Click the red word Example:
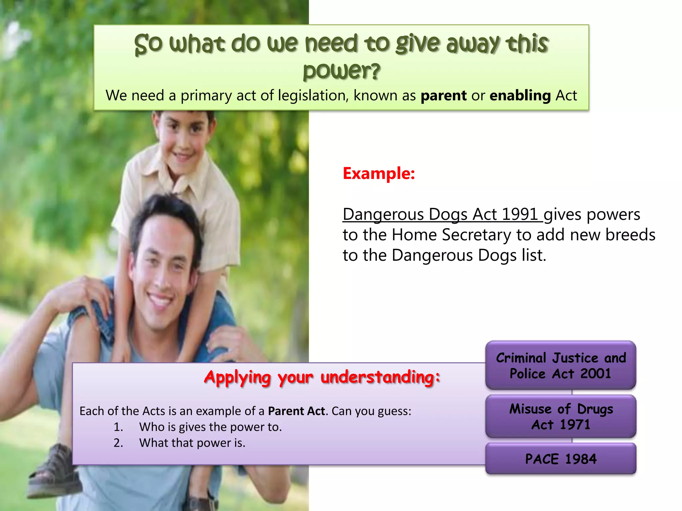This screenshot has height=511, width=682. (x=379, y=174)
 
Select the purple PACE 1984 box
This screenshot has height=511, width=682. (x=561, y=459)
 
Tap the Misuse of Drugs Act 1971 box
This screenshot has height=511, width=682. (x=561, y=417)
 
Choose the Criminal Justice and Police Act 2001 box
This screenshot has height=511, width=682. (x=561, y=366)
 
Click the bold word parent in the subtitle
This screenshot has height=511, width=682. (x=444, y=96)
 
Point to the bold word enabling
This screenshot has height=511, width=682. (x=520, y=96)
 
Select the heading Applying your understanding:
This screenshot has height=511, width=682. (x=322, y=378)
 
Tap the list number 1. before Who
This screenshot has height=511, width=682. (x=118, y=427)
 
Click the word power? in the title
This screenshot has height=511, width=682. (x=341, y=71)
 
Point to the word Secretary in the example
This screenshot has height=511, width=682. (x=476, y=235)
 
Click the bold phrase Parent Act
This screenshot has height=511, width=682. (x=296, y=411)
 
